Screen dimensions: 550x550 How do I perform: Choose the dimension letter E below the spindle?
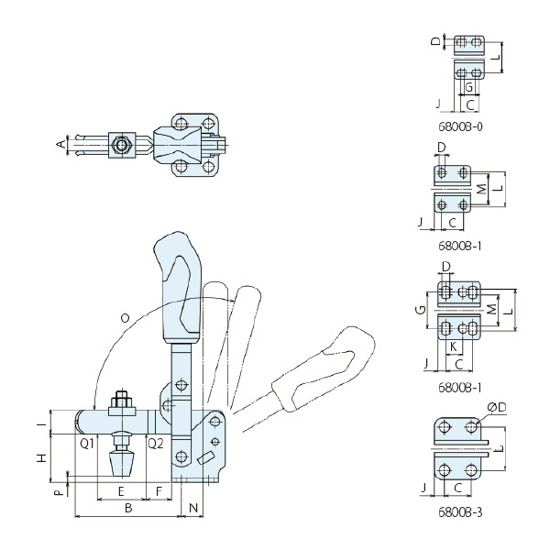121,491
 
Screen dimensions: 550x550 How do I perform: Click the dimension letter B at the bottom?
127,507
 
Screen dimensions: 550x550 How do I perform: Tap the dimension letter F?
159,491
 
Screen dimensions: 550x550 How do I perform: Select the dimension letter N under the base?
193,507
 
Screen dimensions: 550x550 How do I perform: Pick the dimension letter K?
456,348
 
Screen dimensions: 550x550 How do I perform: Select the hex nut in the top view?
122,145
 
